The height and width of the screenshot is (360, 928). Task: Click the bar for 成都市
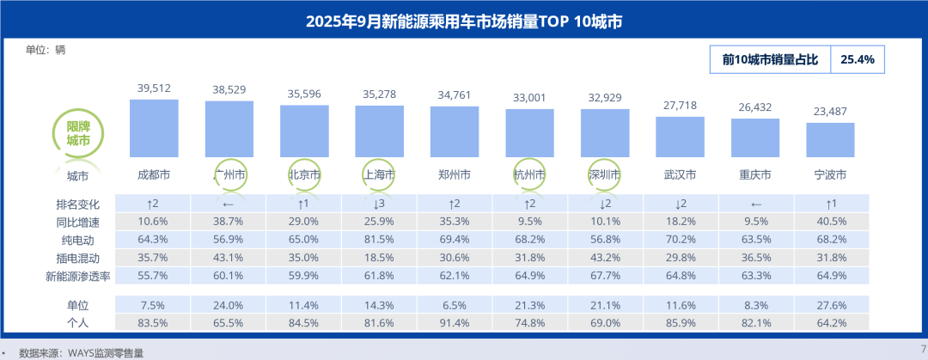point(154,128)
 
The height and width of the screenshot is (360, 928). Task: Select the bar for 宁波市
point(830,140)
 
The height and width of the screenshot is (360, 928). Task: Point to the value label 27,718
point(680,104)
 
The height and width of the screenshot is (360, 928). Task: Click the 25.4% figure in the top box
point(857,59)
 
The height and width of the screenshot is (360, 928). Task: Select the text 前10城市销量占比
point(770,59)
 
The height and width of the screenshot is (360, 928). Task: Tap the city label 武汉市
point(680,175)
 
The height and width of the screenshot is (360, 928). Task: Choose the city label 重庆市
point(755,175)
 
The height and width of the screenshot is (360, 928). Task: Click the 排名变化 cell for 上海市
point(379,204)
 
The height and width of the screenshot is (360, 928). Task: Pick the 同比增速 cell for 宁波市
point(831,222)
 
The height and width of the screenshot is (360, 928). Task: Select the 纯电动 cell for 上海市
point(379,240)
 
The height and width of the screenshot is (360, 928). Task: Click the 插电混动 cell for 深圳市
point(605,258)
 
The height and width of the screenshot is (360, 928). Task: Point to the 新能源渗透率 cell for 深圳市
point(605,276)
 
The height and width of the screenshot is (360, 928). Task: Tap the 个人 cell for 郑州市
point(455,322)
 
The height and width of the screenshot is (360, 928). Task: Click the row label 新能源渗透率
point(78,276)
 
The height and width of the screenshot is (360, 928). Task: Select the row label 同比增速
point(78,222)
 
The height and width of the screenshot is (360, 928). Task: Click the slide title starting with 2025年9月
point(464,21)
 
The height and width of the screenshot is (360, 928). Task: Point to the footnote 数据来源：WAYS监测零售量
point(81,352)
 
